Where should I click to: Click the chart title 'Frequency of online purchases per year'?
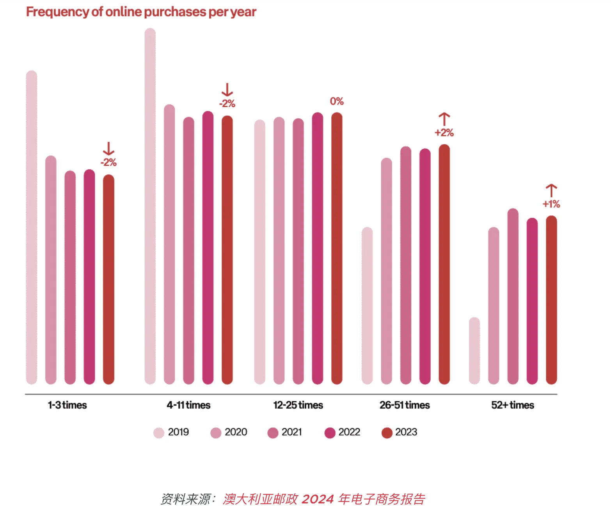click(141, 12)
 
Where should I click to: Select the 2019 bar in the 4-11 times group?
click(150, 206)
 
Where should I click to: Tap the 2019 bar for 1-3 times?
click(32, 227)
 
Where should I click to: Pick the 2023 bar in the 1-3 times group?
click(108, 279)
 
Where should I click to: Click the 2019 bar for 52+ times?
click(474, 350)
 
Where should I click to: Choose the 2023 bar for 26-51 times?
click(444, 264)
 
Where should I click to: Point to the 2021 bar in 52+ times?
click(513, 296)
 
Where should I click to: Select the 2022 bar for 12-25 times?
click(318, 248)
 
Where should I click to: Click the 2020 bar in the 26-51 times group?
click(387, 271)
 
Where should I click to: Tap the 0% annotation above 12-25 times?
click(337, 101)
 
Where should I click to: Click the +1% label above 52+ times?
click(551, 204)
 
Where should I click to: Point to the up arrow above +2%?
click(444, 119)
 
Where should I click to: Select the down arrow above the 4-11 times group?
click(227, 90)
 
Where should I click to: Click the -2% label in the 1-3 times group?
click(108, 162)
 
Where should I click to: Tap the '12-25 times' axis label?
click(298, 405)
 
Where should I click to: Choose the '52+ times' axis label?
click(513, 405)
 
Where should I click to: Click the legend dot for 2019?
click(159, 433)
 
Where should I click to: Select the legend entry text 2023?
click(406, 432)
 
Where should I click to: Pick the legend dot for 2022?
click(330, 433)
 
